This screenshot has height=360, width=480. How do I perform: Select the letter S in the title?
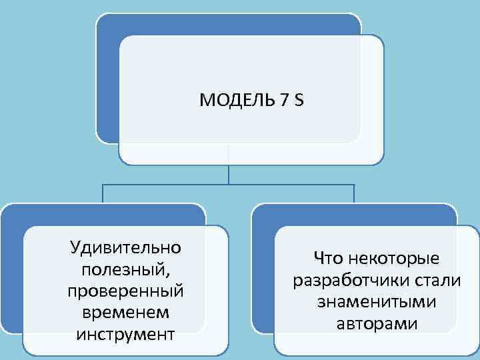(x=298, y=101)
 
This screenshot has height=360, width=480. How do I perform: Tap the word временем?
(x=125, y=312)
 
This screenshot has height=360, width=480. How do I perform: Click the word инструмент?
(x=125, y=333)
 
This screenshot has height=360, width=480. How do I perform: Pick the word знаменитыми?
(x=377, y=302)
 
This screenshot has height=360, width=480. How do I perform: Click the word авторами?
(x=377, y=324)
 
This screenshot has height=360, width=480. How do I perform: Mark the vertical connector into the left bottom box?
(x=103, y=193)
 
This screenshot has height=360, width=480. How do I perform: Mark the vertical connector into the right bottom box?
(x=354, y=193)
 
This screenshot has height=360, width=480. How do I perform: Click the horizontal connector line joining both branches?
(x=167, y=184)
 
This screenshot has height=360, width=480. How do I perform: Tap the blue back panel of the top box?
(x=107, y=80)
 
